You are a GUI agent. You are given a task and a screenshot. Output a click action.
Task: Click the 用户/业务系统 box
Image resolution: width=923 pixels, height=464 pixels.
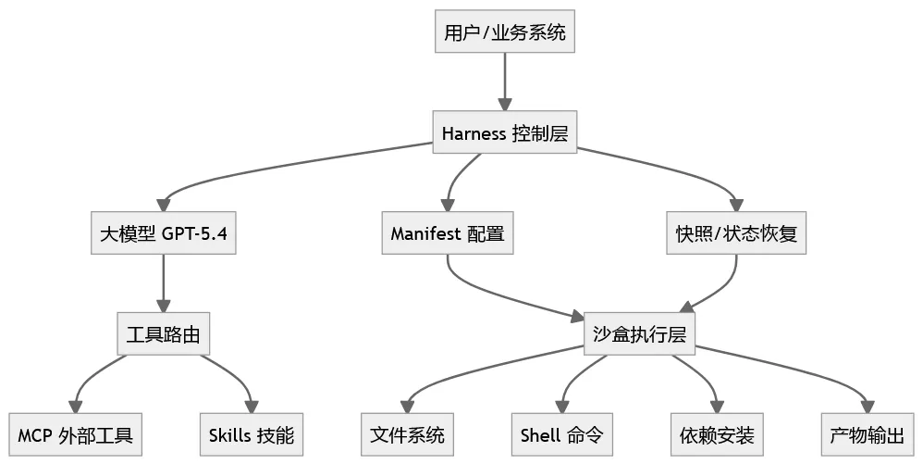(504, 34)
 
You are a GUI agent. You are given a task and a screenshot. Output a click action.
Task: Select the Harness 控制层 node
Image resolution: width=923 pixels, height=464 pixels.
(504, 132)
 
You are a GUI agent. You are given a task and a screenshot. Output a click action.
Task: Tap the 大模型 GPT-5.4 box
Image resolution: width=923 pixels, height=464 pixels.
(164, 233)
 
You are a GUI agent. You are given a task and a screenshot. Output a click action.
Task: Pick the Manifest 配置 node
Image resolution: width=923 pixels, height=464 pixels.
(448, 233)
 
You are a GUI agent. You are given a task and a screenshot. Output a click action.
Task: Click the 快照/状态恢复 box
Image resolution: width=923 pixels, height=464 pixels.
(736, 233)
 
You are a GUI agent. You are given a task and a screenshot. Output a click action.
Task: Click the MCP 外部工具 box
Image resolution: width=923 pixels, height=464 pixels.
(76, 434)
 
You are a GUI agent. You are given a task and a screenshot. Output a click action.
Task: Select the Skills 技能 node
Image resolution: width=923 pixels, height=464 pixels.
(252, 434)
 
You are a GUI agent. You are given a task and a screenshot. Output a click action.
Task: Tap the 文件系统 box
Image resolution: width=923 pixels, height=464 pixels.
(407, 434)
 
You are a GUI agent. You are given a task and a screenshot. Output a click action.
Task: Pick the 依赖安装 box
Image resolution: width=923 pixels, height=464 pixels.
(716, 434)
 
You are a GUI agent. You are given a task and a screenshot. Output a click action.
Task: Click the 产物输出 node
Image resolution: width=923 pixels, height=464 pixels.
(867, 434)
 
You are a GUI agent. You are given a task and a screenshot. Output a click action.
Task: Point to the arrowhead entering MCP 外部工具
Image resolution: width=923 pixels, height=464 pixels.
(76, 406)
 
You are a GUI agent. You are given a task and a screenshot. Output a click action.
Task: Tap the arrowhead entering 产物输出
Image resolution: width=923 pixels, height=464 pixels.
(867, 406)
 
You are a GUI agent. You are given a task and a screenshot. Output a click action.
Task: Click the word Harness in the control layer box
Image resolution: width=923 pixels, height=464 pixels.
(474, 132)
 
